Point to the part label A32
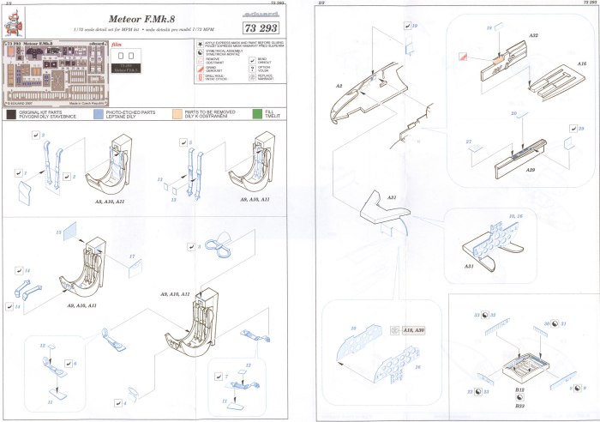click(x=533, y=33)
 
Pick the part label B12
click(x=519, y=389)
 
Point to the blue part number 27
click(x=469, y=142)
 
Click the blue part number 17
click(x=132, y=256)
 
